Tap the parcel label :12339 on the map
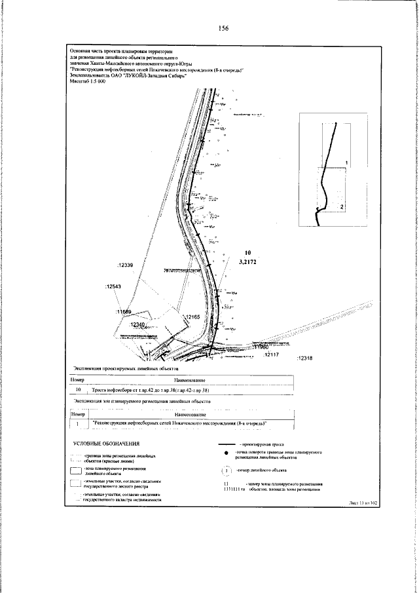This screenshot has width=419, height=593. tap(124, 265)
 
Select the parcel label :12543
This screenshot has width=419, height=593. tap(115, 286)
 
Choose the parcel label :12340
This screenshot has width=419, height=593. tap(137, 324)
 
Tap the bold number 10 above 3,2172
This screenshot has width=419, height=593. tap(247, 252)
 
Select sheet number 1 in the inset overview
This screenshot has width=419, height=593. tap(346, 161)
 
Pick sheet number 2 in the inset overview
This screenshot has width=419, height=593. tap(341, 206)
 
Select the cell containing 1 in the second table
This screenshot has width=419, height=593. tap(78, 425)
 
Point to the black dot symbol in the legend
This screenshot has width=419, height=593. tap(227, 453)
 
